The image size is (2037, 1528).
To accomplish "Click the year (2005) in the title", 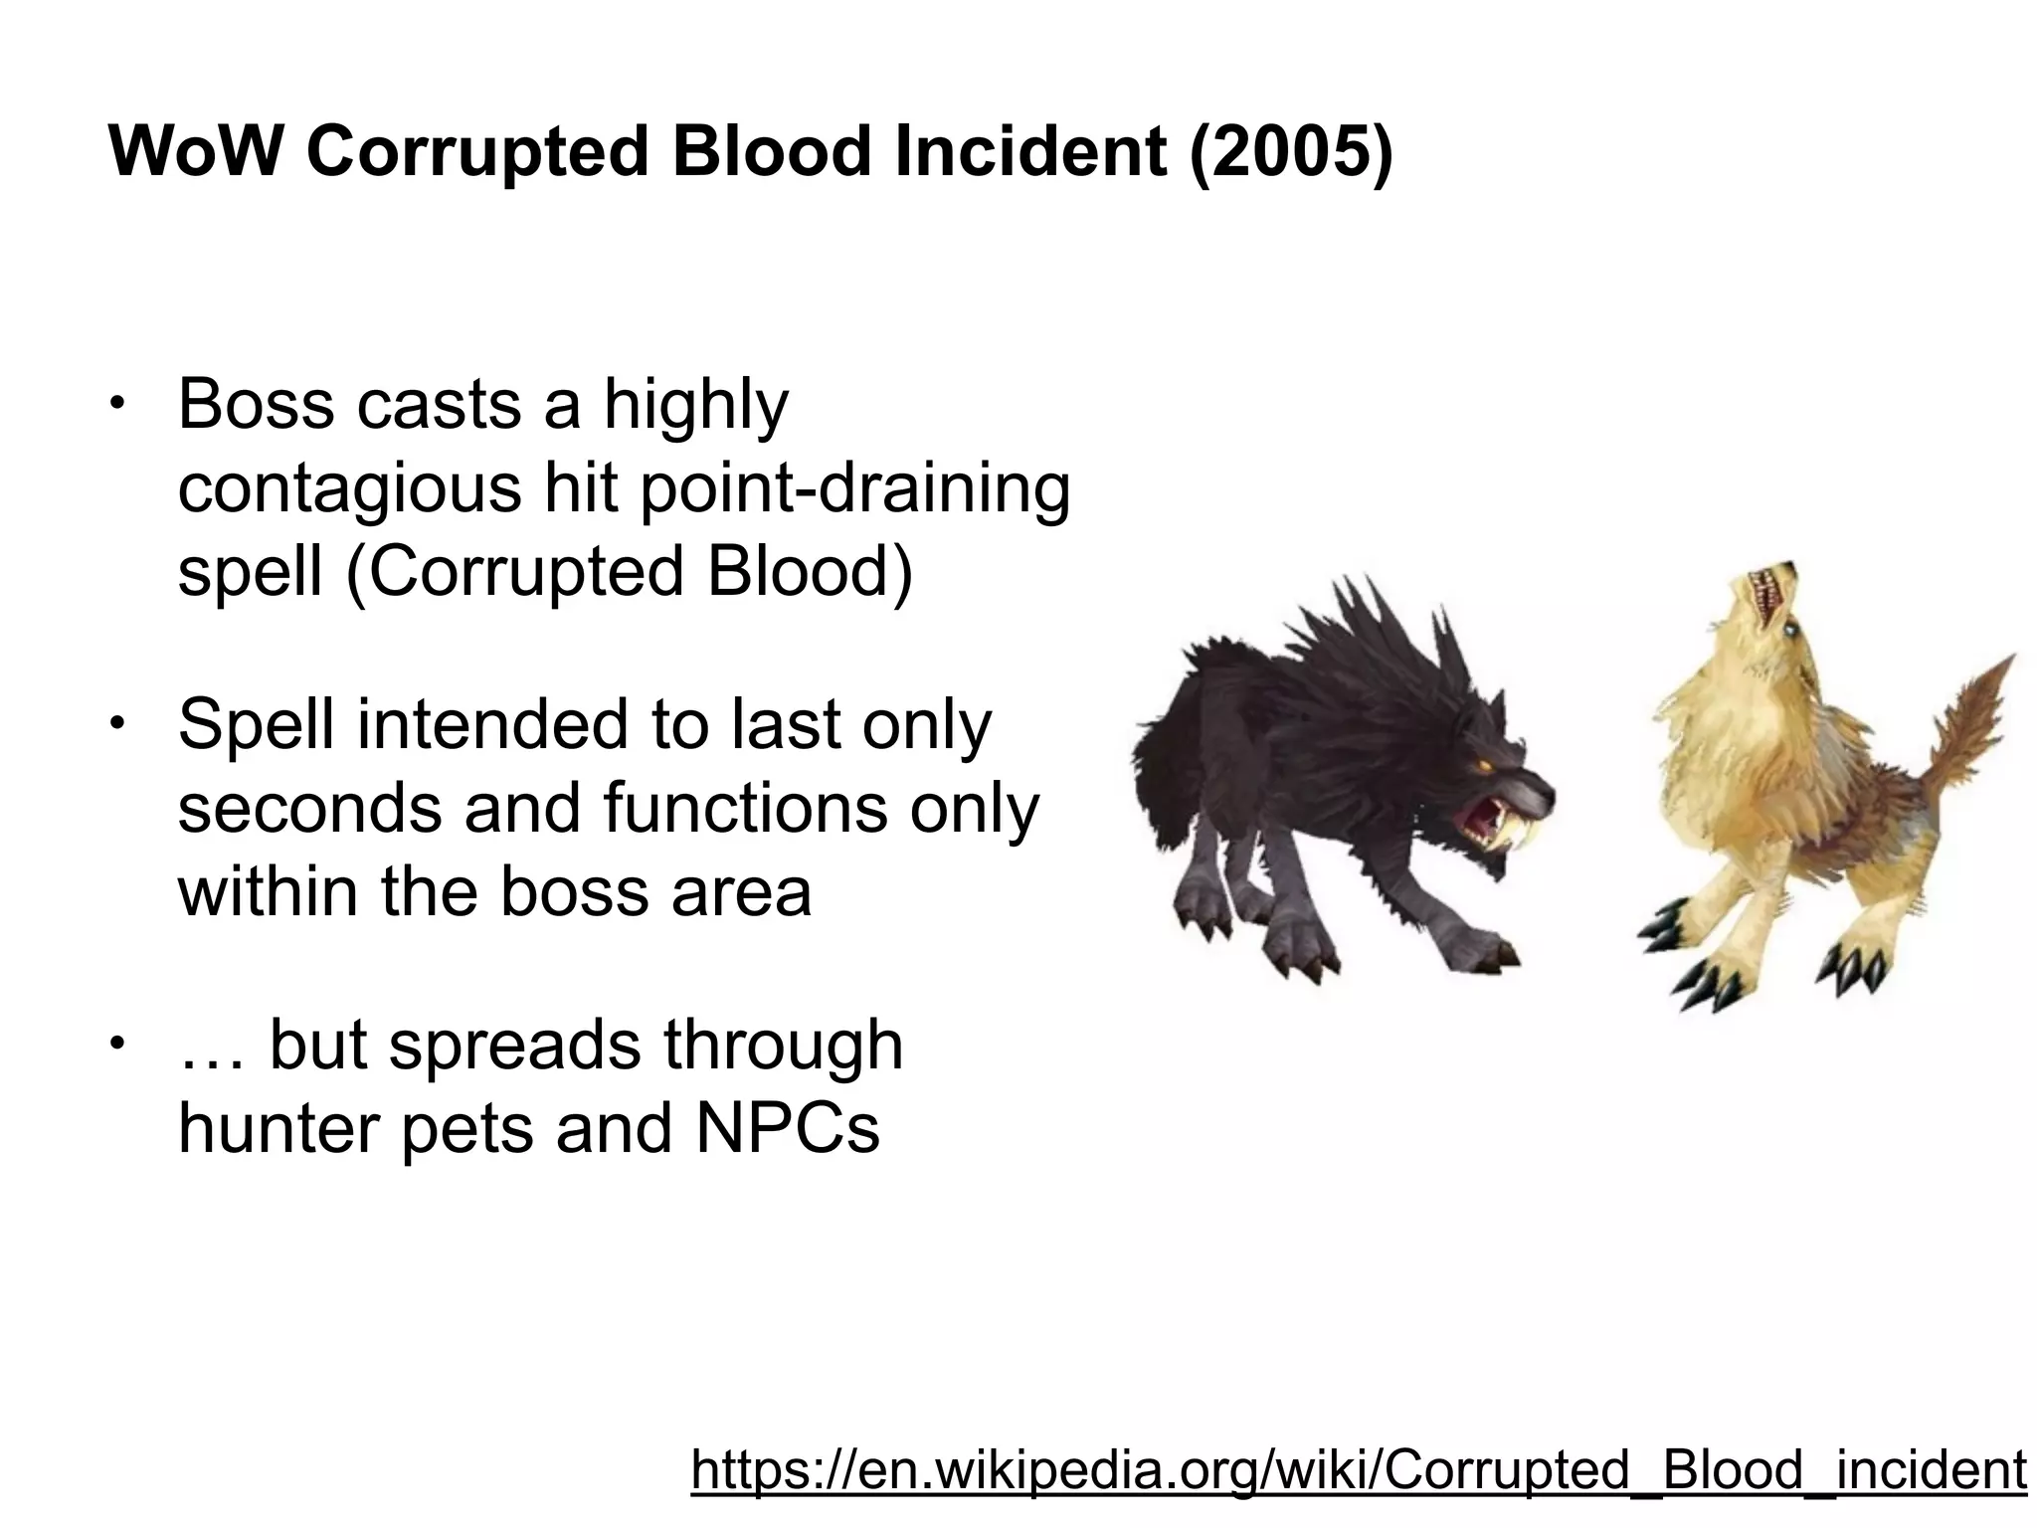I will [x=1290, y=152].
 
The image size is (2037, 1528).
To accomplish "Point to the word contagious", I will [x=349, y=489].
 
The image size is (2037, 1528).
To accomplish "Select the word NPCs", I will [x=788, y=1128].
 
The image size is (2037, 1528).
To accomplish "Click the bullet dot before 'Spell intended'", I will [x=116, y=721].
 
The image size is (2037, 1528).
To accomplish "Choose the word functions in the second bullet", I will [x=745, y=808].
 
